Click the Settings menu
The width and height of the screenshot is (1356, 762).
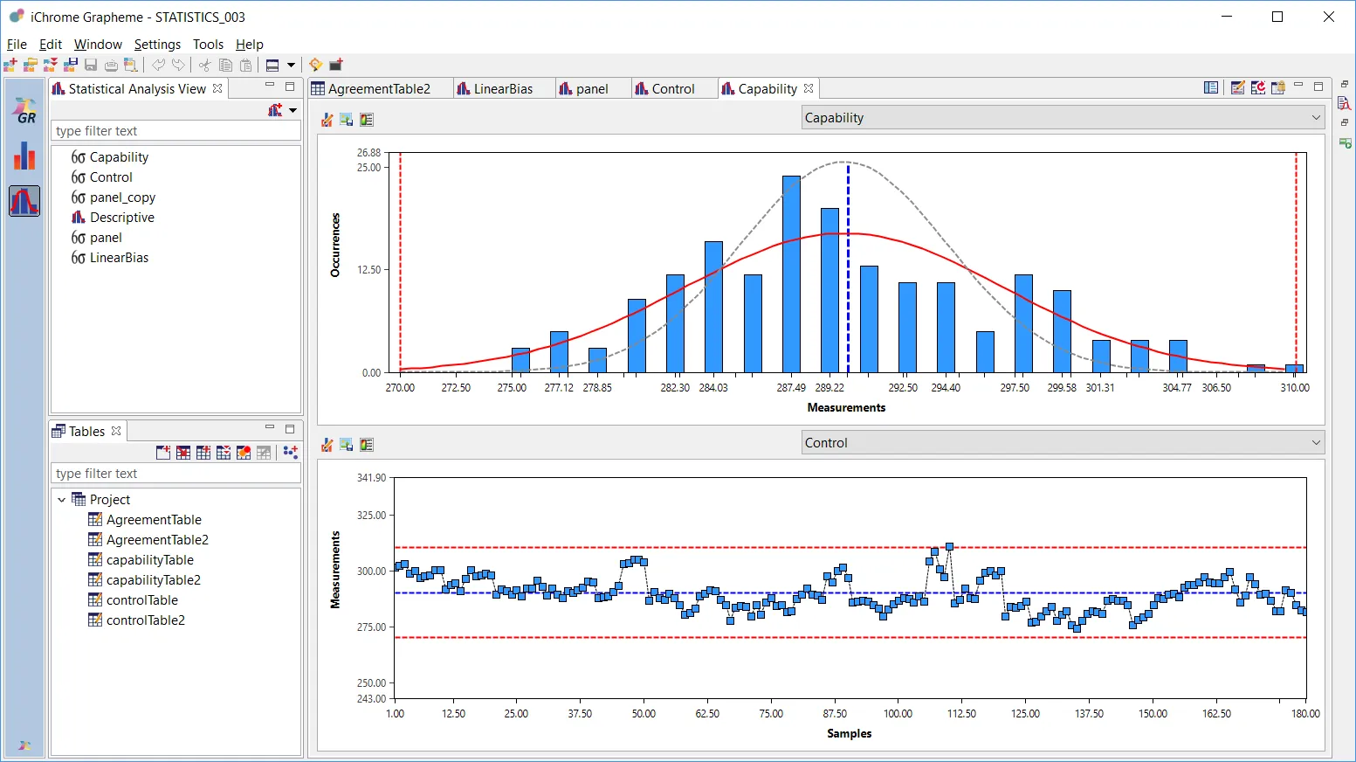[x=157, y=45]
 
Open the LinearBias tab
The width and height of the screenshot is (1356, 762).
[x=502, y=89]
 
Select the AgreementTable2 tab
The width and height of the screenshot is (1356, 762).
[x=379, y=89]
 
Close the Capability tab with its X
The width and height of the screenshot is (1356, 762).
[x=809, y=88]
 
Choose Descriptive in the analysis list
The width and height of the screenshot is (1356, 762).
[x=121, y=218]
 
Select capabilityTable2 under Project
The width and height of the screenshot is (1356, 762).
[x=153, y=580]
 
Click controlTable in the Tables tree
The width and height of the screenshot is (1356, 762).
[x=141, y=600]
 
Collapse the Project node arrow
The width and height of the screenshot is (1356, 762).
[x=61, y=500]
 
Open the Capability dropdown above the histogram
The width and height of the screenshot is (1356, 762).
[x=1062, y=118]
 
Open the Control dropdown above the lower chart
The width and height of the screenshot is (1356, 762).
[x=1062, y=443]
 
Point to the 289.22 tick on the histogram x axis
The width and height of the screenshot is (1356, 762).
[x=829, y=387]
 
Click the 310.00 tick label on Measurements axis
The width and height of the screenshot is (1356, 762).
[x=1294, y=387]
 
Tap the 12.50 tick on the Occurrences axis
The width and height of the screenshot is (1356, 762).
[x=369, y=270]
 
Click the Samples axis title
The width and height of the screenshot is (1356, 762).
[x=849, y=734]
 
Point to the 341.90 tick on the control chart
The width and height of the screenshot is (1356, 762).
[x=371, y=478]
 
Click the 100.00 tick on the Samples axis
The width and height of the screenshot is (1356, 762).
[x=898, y=714]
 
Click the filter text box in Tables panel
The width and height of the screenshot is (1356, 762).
[x=175, y=474]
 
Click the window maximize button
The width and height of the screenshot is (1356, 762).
[x=1277, y=17]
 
